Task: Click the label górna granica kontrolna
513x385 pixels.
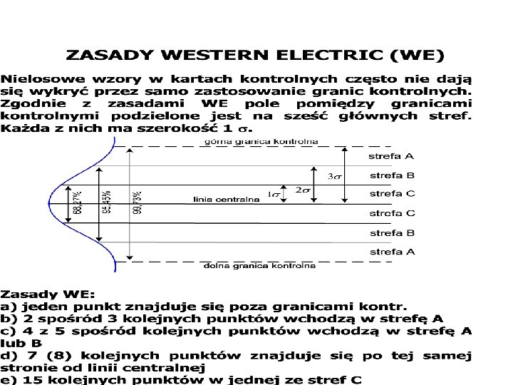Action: tap(261, 142)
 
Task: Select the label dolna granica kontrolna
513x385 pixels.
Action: tap(259, 266)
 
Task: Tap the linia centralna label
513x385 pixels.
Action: tap(226, 200)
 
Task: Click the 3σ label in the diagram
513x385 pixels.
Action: tap(333, 176)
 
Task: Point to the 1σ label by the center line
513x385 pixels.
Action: tap(274, 195)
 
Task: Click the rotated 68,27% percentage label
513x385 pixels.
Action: tap(77, 201)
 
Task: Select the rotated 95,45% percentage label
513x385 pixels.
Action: tap(107, 202)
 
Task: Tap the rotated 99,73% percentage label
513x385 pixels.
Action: tap(136, 202)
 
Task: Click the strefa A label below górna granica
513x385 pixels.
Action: tap(391, 155)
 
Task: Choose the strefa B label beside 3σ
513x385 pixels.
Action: tap(391, 175)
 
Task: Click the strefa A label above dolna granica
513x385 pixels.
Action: tap(391, 252)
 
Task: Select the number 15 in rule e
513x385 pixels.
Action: tap(24, 379)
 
